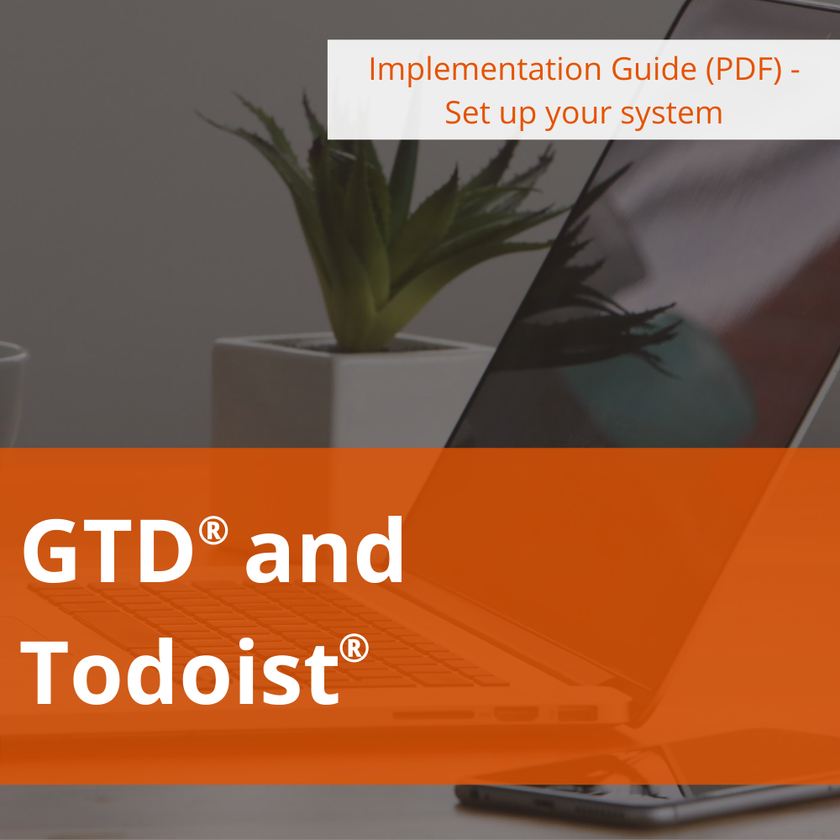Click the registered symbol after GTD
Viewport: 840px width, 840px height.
[x=213, y=528]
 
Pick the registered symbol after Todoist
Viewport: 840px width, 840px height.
[x=354, y=648]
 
